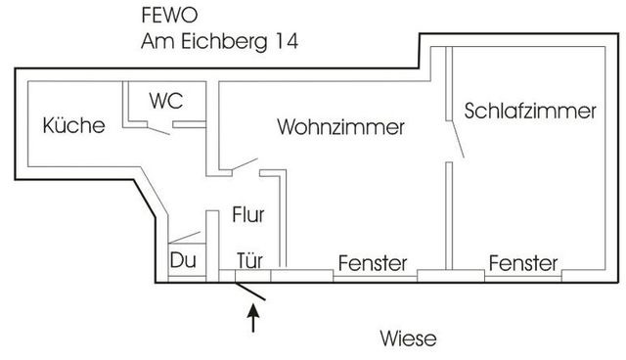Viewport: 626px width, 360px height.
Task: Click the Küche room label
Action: tap(74, 125)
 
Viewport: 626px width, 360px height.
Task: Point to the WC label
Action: tap(165, 100)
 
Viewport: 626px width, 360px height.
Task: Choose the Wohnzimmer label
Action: tap(340, 127)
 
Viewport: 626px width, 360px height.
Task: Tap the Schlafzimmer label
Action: tap(530, 111)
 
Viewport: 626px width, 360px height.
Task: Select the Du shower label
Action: tap(183, 261)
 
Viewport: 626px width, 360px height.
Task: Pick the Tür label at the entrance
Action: tap(249, 262)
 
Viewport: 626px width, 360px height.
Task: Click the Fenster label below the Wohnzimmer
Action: tap(372, 263)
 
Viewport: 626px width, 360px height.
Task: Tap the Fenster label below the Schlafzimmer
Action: tap(523, 263)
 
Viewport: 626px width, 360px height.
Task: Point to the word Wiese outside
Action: tap(407, 338)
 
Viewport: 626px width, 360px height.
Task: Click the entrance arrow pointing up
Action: tap(254, 318)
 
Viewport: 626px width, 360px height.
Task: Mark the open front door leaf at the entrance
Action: tap(253, 291)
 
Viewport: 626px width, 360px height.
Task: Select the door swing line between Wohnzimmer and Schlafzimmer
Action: tap(456, 134)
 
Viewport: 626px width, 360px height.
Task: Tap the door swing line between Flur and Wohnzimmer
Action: tap(244, 163)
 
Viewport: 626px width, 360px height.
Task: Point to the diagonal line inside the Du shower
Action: tap(185, 237)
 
